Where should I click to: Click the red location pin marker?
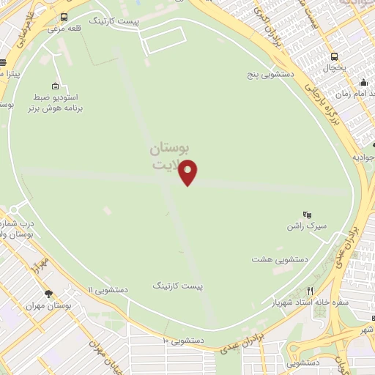[188, 171]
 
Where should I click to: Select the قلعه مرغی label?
[64, 30]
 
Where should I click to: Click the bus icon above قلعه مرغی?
[64, 17]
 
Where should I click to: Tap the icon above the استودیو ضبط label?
[56, 84]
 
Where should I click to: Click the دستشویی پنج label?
[272, 75]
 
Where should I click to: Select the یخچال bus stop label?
[335, 67]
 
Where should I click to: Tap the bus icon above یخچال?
[335, 56]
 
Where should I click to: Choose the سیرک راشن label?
[306, 227]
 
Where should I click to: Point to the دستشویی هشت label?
[278, 259]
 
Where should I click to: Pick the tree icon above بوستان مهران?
[48, 294]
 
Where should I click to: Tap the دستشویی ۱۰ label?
[183, 341]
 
